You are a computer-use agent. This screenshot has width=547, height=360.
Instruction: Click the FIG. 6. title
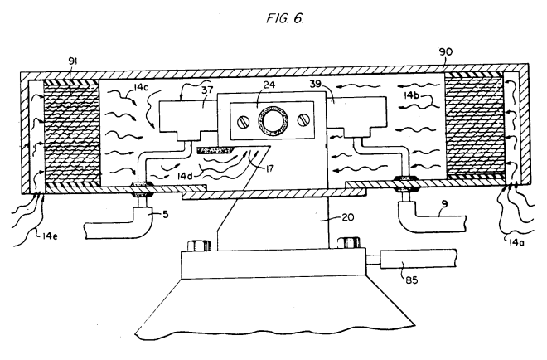(285, 17)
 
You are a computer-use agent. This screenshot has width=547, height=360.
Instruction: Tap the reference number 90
(446, 51)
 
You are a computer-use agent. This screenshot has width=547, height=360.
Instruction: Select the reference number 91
(72, 61)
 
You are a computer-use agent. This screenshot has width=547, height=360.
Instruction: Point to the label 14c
(141, 87)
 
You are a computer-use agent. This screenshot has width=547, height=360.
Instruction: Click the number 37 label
(206, 90)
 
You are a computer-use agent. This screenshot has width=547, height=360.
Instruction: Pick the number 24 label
(269, 85)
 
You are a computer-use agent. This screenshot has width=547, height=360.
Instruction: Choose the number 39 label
(316, 84)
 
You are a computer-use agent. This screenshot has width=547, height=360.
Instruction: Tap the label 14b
(411, 95)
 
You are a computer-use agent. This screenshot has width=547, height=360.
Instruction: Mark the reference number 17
(269, 168)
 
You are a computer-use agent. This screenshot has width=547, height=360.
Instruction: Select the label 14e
(50, 236)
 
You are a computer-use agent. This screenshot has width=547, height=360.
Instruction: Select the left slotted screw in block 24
(243, 121)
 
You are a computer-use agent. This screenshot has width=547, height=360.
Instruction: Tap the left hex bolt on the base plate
(199, 245)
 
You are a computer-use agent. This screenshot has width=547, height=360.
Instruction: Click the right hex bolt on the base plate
(349, 242)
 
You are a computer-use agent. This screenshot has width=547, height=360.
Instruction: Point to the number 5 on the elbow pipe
(166, 214)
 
